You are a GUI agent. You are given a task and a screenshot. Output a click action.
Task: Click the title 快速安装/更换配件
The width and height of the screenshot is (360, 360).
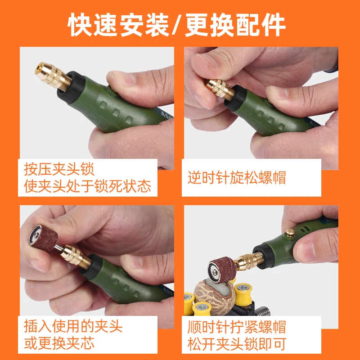pos(176,25)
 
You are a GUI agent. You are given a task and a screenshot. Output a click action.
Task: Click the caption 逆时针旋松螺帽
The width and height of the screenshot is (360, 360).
pos(237,177)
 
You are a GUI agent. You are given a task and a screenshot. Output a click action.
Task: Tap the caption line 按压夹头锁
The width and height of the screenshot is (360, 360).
pos(59,169)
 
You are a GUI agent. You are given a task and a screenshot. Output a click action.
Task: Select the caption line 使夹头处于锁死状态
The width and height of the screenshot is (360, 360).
pos(87,186)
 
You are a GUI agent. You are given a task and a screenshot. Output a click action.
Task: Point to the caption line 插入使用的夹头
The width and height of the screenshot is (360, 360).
pos(73,326)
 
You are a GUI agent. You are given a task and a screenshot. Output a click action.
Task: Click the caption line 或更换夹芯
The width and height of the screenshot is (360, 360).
pos(59,343)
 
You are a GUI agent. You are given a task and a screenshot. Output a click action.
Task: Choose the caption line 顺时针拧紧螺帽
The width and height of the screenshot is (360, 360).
pos(237,327)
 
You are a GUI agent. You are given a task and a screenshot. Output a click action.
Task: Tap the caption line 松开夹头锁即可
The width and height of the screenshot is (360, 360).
pos(237,344)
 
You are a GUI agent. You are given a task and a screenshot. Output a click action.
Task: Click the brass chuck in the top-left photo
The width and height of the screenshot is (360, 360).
pos(53,76)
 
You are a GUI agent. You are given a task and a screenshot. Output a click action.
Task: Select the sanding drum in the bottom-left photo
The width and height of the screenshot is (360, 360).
pos(43,238)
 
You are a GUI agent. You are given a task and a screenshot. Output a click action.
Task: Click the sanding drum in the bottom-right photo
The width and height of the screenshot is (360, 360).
pos(222,270)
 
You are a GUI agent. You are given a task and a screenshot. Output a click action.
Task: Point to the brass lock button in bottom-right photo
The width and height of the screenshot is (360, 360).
pos(290,233)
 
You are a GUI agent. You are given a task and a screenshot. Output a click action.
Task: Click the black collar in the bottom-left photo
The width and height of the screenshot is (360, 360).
pos(92,266)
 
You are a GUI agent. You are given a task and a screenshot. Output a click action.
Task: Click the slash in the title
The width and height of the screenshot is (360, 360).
pos(176,25)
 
